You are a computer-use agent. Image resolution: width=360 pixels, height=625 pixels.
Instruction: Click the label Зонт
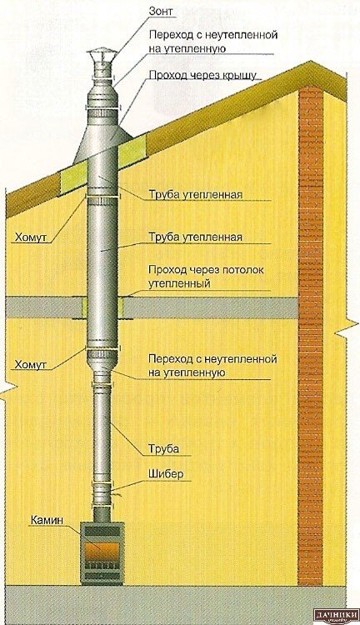coord(161,11)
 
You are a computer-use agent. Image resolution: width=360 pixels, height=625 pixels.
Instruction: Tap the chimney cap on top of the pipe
coord(102,57)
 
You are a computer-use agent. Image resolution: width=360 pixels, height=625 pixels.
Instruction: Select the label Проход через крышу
coord(202,75)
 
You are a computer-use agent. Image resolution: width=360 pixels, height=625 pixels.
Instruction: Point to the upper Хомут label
coord(31,237)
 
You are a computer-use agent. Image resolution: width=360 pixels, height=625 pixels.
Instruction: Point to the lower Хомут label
coord(30,364)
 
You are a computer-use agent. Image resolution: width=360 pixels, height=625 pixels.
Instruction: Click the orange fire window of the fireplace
coord(101,552)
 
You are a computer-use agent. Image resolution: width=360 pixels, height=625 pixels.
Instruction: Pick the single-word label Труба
coord(163,449)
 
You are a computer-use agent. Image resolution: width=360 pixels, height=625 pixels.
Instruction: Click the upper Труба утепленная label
coord(195,195)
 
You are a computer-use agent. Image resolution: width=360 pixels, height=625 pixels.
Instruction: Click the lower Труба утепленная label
coord(195,237)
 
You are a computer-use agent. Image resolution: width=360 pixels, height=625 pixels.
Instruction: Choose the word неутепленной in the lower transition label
coord(240,358)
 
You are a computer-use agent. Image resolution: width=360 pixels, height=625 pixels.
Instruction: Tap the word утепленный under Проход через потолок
coord(179,284)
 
